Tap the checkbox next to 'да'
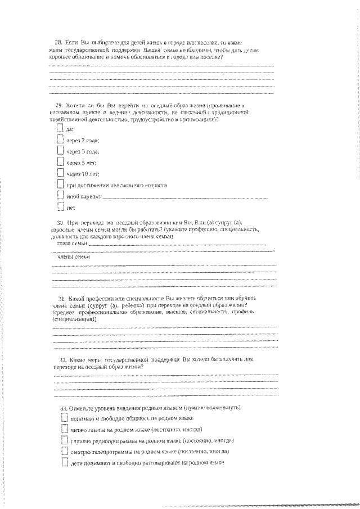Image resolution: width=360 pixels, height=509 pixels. [61, 129]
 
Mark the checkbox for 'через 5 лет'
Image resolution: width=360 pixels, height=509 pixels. [61, 163]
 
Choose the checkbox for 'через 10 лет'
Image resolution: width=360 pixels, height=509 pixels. [61, 174]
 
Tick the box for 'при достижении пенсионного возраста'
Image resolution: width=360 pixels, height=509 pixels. [61, 184]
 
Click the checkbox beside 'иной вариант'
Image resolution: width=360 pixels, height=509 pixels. [61, 196]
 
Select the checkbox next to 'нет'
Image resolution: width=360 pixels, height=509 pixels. [61, 208]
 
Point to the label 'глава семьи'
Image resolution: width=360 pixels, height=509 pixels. [73, 244]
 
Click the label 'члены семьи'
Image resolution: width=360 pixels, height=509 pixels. [73, 257]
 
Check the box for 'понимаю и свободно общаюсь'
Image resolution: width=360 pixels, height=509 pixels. [64, 419]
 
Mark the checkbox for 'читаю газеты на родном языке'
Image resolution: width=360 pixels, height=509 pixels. [64, 430]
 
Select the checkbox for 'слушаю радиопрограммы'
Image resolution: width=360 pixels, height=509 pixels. [64, 441]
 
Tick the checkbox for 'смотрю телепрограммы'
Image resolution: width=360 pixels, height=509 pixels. [64, 452]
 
